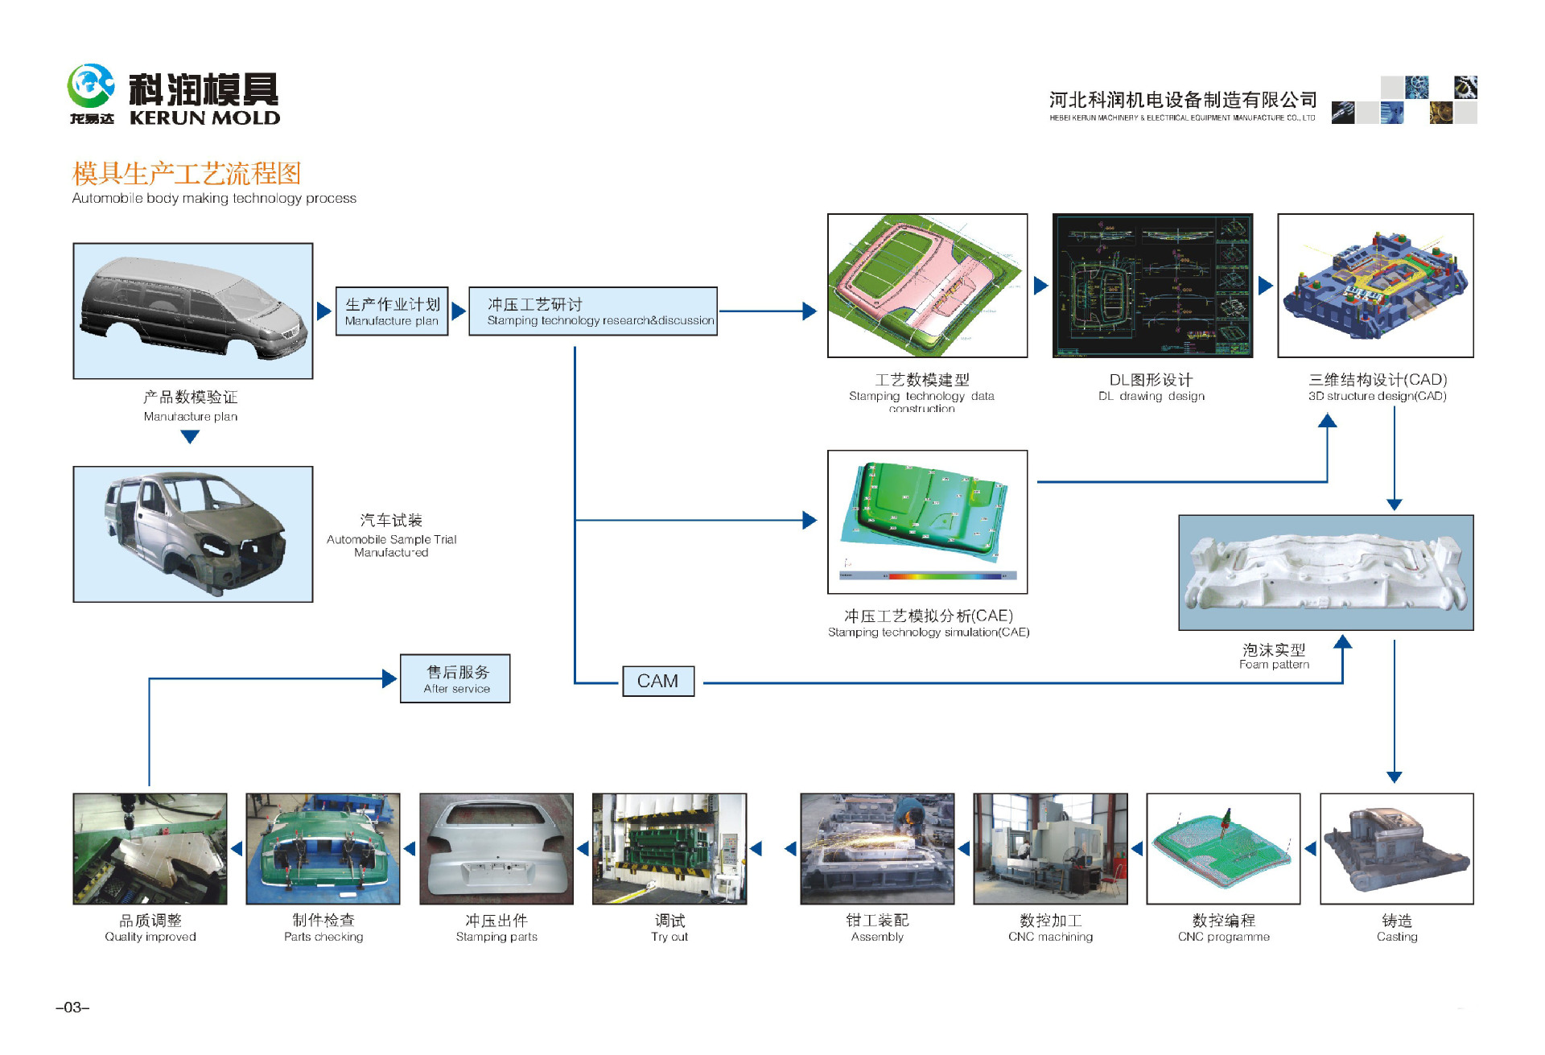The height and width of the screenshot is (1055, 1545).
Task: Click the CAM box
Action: [x=657, y=681]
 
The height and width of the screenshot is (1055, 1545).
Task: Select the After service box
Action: [x=455, y=678]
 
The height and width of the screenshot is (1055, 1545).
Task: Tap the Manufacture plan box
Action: [x=391, y=311]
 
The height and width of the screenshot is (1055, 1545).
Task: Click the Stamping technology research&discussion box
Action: [x=592, y=311]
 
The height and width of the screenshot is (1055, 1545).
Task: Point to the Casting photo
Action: [x=1396, y=848]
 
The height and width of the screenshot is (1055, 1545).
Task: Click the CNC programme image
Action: [x=1222, y=848]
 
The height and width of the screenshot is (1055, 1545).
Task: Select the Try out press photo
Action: [x=669, y=848]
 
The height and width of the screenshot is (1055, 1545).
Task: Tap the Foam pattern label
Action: [x=1274, y=656]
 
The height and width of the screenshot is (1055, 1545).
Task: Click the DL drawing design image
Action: [x=1152, y=286]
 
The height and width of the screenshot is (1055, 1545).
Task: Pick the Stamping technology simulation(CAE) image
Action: [x=927, y=521]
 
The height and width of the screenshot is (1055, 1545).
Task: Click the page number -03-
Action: [x=72, y=1008]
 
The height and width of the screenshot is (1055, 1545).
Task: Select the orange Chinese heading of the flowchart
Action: [x=186, y=173]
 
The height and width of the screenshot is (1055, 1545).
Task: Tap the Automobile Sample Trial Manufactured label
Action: [x=391, y=535]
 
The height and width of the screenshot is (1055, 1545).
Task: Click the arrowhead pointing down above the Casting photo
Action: [x=1395, y=777]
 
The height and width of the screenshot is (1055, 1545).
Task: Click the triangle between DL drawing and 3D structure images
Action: [x=1265, y=285]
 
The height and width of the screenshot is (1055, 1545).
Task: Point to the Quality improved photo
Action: [x=150, y=848]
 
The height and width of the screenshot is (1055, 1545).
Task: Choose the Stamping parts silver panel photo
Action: [x=496, y=848]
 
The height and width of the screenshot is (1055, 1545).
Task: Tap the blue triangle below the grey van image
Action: [x=190, y=436]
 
